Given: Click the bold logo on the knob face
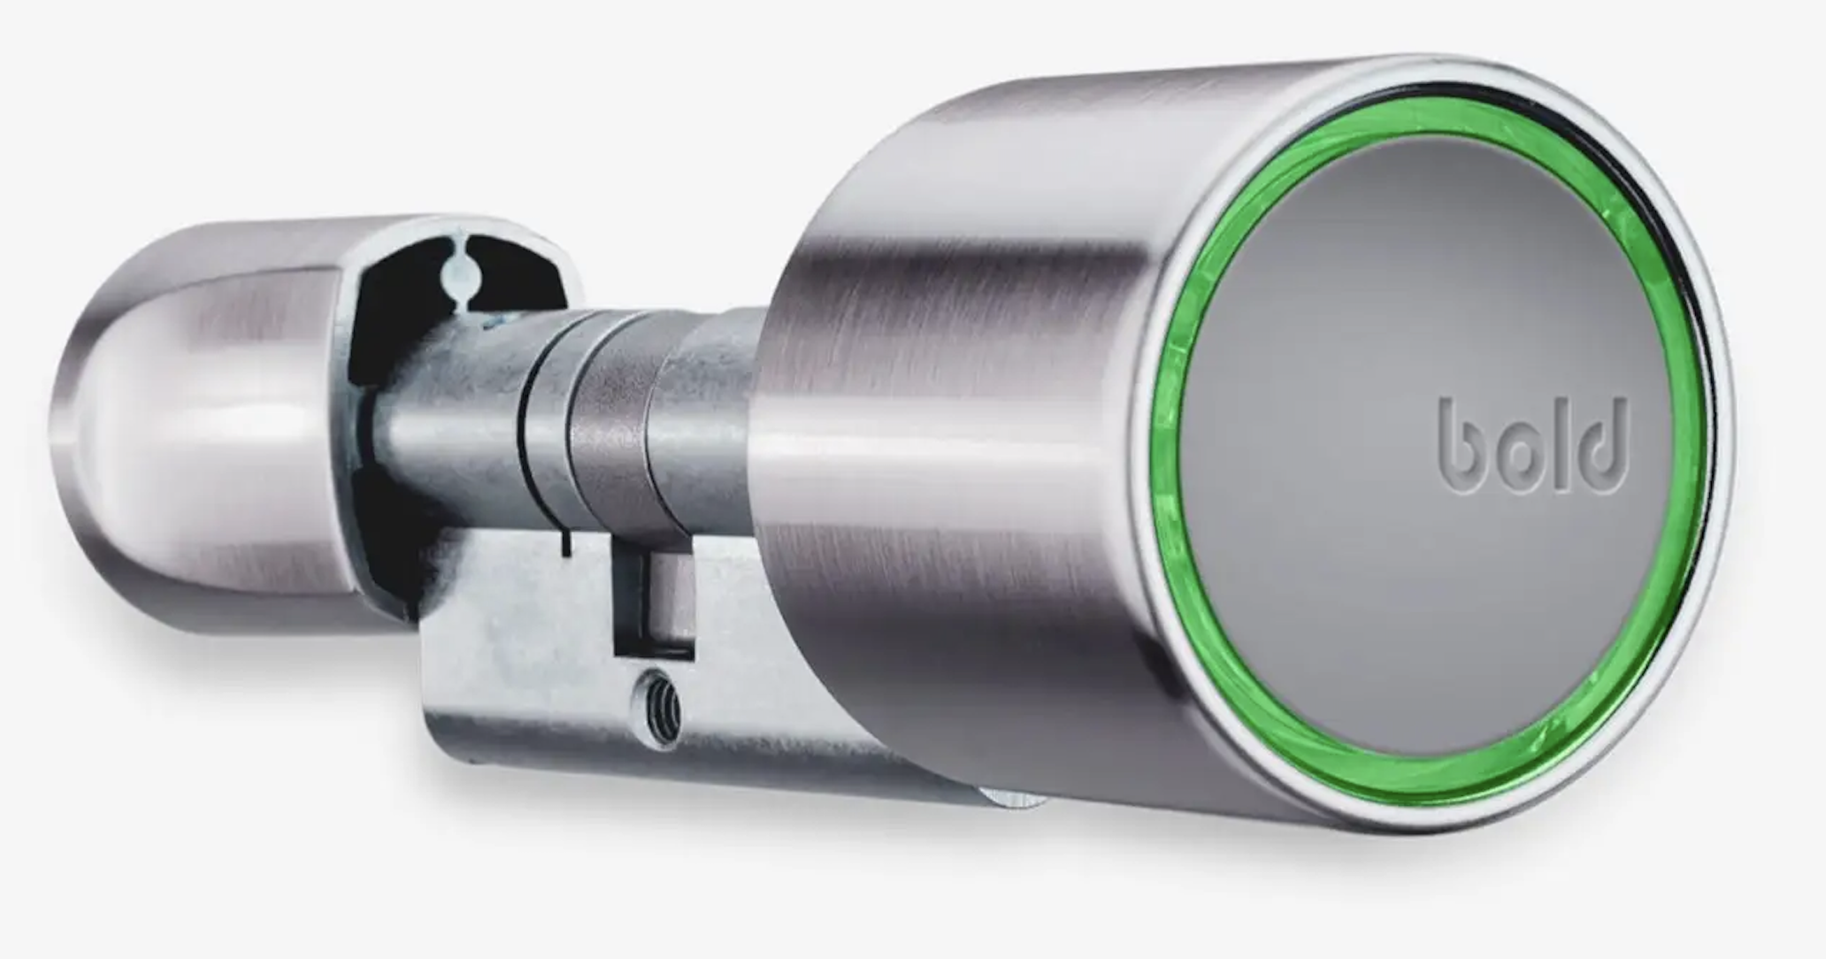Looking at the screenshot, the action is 1533,445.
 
